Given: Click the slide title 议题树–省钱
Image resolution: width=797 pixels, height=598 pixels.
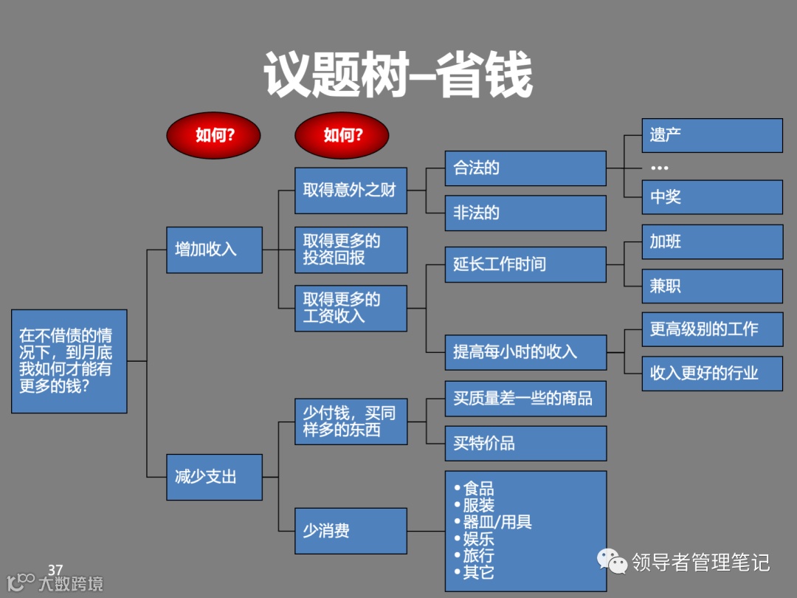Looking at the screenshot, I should coord(398,75).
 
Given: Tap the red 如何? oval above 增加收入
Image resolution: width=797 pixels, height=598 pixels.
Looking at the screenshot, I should coord(214,135).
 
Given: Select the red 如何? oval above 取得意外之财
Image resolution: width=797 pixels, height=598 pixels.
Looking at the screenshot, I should coord(342,135).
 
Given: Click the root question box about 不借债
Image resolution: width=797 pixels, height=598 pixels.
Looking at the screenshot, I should coord(69,361).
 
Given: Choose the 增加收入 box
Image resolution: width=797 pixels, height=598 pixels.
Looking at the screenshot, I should coord(214,250).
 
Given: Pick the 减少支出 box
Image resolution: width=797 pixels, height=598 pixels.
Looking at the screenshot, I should coord(214,477).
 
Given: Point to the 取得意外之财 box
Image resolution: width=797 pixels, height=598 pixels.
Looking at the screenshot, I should coord(351,190).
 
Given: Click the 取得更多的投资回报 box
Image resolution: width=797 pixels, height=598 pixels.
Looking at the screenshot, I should coord(351,250).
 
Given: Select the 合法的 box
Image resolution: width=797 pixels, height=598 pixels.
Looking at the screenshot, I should coord(525,168).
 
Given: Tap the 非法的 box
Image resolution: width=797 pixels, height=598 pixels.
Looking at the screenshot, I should coord(525,213).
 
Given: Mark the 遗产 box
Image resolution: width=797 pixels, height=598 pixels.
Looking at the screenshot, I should coord(711,135).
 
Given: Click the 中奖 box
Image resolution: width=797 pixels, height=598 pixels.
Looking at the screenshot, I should coord(711,197).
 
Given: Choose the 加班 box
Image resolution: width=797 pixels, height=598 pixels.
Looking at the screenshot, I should coord(711,242).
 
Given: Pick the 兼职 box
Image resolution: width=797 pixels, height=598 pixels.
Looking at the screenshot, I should coord(711,286).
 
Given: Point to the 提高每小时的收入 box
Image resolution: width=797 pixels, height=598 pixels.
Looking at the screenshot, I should coord(525,352).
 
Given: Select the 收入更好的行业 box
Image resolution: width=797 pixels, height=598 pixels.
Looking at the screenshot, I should coord(711,373).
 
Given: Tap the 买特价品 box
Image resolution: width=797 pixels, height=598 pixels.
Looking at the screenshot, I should coord(525,443).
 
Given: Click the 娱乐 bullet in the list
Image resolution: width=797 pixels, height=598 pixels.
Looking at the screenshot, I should coord(478,539).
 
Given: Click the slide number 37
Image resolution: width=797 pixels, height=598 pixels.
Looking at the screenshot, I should coord(55,570).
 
